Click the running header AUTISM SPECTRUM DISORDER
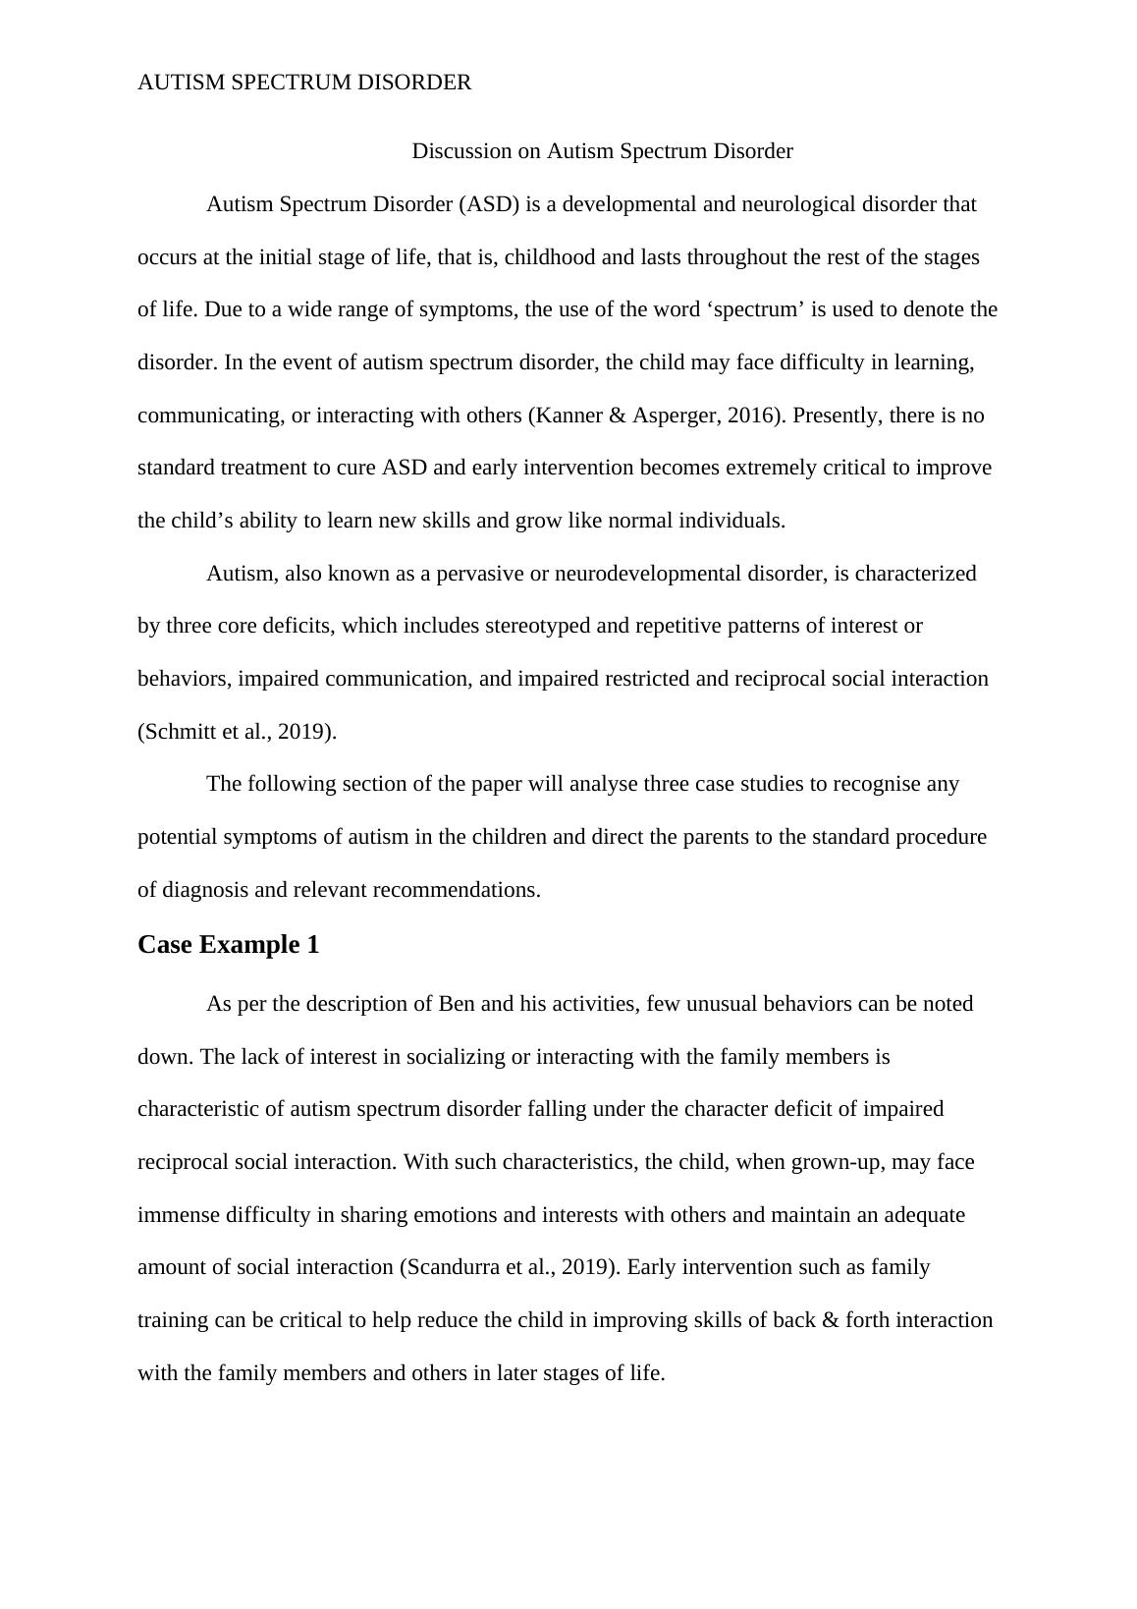pos(304,83)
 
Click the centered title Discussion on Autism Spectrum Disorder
pos(602,151)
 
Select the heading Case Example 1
pos(228,945)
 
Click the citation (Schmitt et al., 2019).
pos(237,732)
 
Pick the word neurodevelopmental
pos(646,574)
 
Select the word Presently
pos(836,416)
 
